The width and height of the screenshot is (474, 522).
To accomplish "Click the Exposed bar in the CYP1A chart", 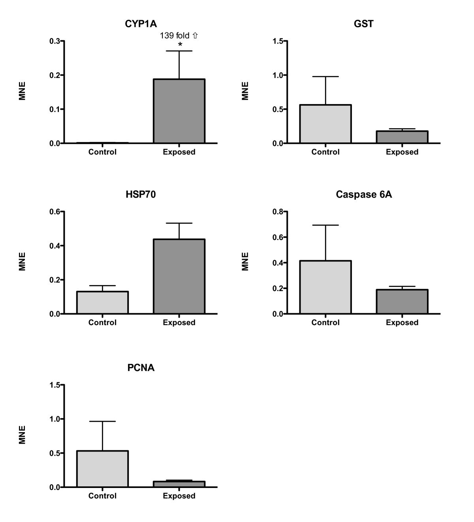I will tap(179, 111).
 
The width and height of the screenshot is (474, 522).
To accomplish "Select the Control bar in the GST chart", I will tap(325, 124).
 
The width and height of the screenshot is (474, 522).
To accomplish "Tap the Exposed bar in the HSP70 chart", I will tap(179, 276).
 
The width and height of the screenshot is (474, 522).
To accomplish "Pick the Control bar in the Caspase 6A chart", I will tap(325, 287).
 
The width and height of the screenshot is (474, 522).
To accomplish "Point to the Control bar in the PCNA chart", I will tap(102, 469).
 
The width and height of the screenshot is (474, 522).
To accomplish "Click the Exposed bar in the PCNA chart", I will tap(179, 484).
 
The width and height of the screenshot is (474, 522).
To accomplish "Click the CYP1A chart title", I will tap(141, 24).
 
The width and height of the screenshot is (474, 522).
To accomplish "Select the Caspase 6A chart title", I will tap(364, 194).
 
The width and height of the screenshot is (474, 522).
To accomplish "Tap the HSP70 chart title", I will tap(141, 194).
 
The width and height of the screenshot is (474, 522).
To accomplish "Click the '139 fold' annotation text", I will tap(175, 36).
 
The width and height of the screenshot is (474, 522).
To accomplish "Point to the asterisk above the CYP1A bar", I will tap(180, 45).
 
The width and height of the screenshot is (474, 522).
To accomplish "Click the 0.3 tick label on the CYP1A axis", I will tap(55, 41).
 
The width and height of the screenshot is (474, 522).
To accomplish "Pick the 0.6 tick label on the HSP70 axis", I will tap(55, 212).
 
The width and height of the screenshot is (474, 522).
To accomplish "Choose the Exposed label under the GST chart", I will tap(402, 152).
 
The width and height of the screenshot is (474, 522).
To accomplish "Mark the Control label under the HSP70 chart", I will tap(102, 322).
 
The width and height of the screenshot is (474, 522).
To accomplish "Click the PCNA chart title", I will tap(141, 368).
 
